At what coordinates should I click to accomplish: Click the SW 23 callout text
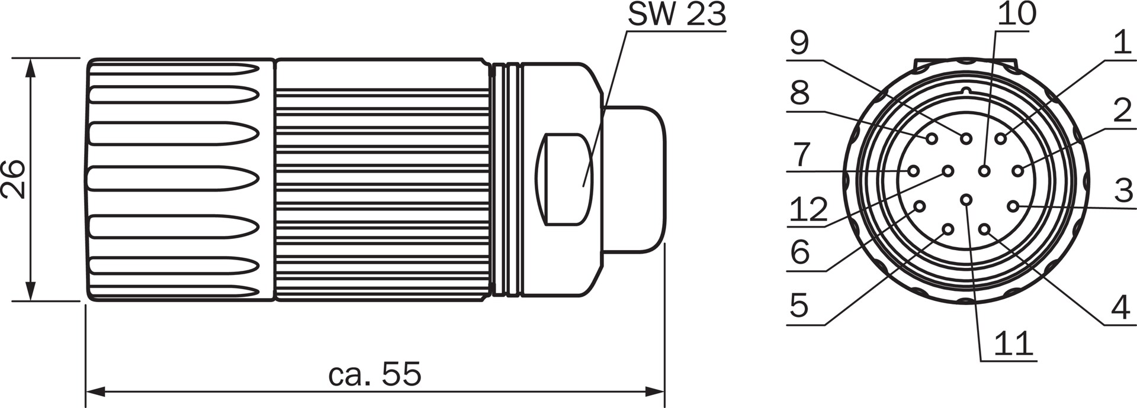pyautogui.click(x=676, y=14)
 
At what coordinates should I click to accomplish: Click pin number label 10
pyautogui.click(x=1016, y=14)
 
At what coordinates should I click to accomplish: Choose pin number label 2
pyautogui.click(x=1122, y=111)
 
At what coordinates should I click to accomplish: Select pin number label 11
pyautogui.click(x=1013, y=343)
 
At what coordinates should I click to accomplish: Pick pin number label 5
pyautogui.click(x=799, y=306)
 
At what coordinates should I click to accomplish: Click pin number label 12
pyautogui.click(x=808, y=209)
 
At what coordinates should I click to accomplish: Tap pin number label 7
pyautogui.click(x=801, y=155)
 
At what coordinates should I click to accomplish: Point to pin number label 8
pyautogui.click(x=800, y=93)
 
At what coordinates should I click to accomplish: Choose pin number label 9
pyautogui.click(x=799, y=43)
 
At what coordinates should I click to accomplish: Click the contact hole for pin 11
pyautogui.click(x=966, y=200)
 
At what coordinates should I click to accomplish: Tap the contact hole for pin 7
pyautogui.click(x=913, y=171)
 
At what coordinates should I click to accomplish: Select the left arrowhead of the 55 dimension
pyautogui.click(x=95, y=391)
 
